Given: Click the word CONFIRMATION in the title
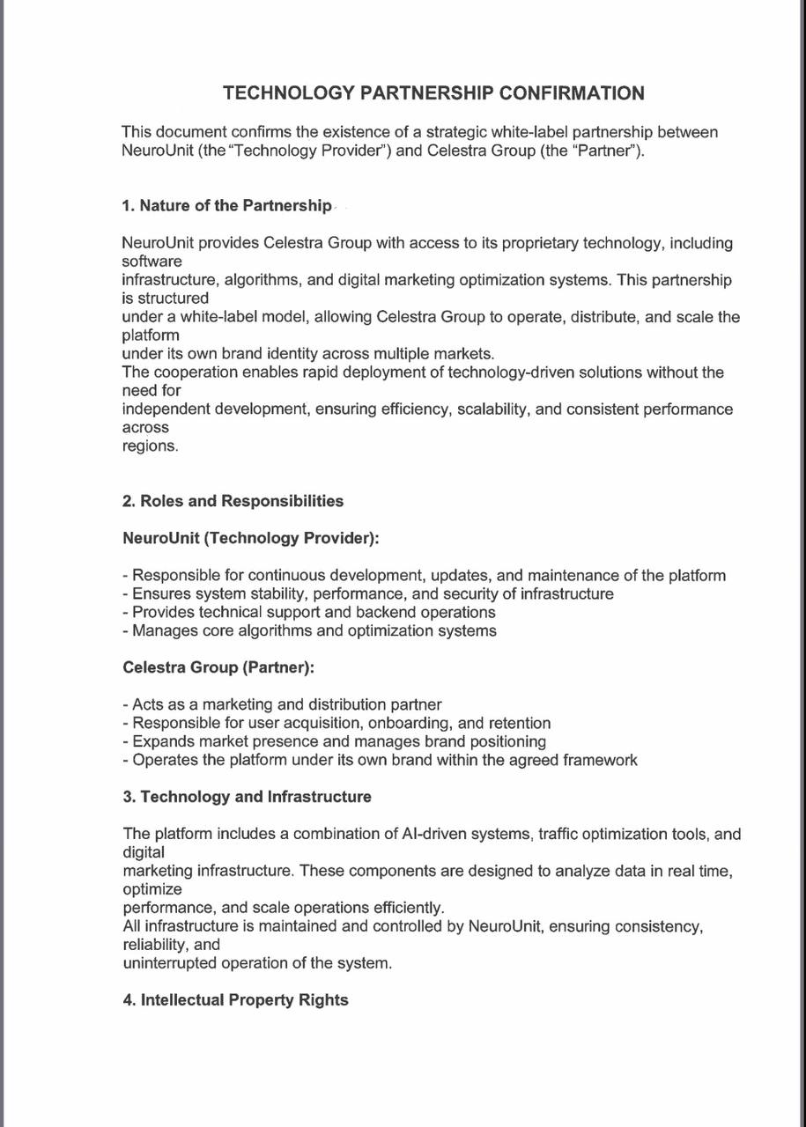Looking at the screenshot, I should (572, 92).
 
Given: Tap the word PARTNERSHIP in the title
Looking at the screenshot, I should (427, 92).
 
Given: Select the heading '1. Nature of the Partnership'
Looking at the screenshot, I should (226, 205).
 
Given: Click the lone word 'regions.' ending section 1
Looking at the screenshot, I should (150, 446).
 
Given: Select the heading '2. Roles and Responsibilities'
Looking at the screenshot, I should (233, 501).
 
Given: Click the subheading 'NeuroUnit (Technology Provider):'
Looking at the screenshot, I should (251, 538).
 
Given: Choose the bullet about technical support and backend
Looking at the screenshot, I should (309, 612).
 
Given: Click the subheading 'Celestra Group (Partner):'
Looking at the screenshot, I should (218, 667).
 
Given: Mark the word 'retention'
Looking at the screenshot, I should (517, 723).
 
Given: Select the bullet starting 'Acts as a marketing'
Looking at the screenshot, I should (282, 704).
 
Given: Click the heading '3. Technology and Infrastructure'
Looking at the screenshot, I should (247, 797).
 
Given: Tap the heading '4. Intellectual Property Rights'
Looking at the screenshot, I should (235, 1000).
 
